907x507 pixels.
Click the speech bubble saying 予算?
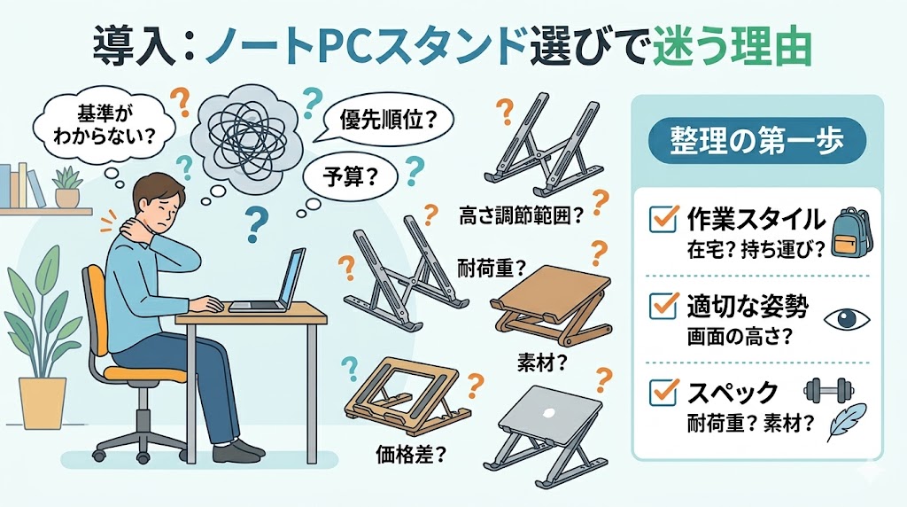point(351,176)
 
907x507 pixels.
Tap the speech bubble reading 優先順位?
point(387,121)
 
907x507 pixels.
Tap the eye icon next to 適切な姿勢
point(846,319)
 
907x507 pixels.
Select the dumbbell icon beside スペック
point(829,391)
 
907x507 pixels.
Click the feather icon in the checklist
point(847,422)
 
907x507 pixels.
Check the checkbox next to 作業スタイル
point(663,219)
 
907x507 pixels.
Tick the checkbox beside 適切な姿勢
point(663,306)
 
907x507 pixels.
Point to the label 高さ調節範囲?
point(522,215)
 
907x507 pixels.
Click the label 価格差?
point(411,455)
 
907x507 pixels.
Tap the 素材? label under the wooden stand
point(542,363)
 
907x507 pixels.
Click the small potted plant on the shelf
point(67,187)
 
